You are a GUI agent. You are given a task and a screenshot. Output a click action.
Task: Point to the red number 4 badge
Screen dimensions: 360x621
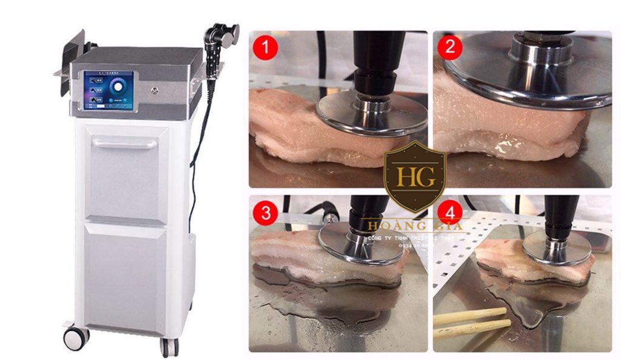(x=449, y=213)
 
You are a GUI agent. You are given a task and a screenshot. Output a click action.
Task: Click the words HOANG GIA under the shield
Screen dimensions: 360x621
(x=415, y=227)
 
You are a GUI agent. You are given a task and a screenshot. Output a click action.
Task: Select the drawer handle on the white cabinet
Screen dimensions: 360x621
(x=125, y=144)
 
